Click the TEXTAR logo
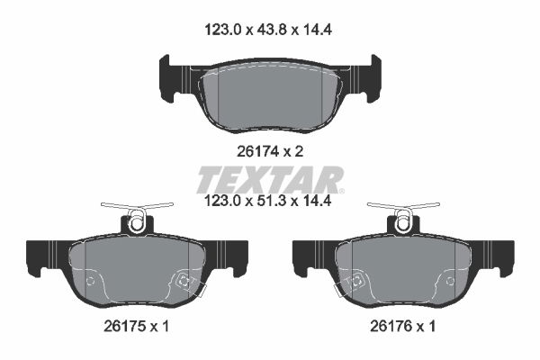(270, 180)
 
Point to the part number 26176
(391, 326)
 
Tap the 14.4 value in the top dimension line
(317, 30)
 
